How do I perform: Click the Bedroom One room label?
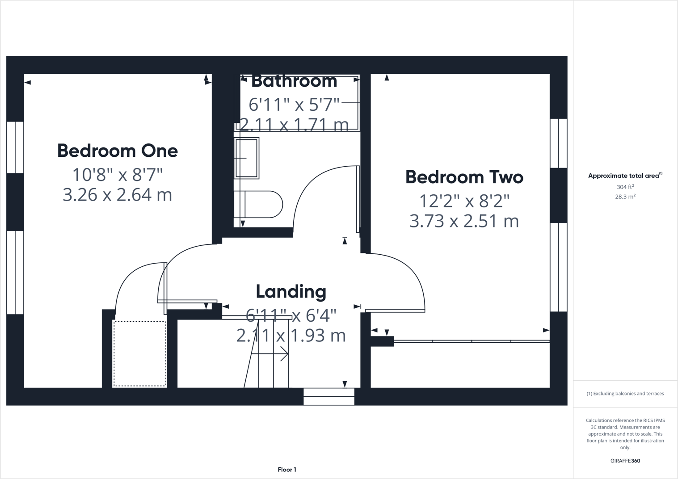click(118, 151)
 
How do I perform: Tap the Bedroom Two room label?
click(464, 177)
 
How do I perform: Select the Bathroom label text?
click(294, 81)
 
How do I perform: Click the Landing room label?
click(291, 292)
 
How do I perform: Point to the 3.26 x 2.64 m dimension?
click(118, 195)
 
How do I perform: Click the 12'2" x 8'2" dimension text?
click(464, 202)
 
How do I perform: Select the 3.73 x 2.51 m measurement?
click(464, 221)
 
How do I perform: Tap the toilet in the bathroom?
click(259, 205)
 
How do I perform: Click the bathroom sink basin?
click(247, 158)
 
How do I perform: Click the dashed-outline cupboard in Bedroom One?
click(139, 353)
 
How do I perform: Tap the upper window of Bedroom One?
click(15, 147)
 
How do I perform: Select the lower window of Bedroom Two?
click(558, 267)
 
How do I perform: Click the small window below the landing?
click(329, 396)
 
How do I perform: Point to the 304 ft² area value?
click(625, 187)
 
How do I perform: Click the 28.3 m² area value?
click(625, 197)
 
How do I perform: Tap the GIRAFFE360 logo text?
click(625, 461)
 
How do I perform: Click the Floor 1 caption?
click(287, 470)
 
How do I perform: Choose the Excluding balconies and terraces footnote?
click(625, 394)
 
